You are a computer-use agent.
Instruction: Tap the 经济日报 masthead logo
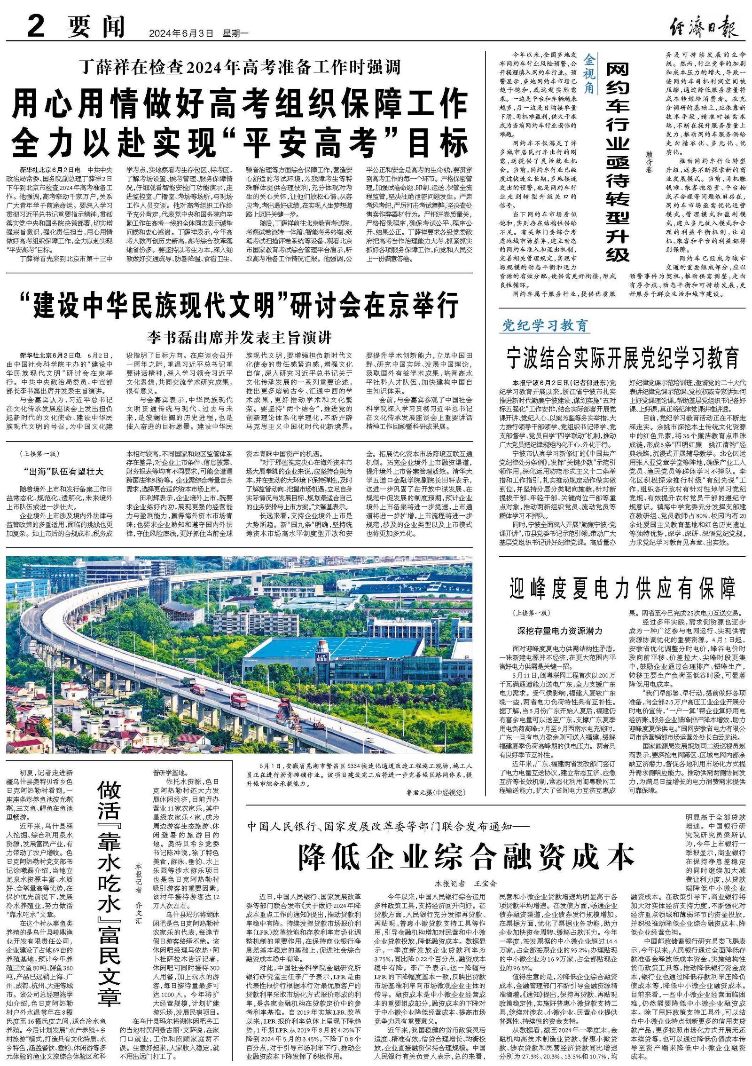pos(704,26)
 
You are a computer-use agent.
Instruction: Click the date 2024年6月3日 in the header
pos(180,33)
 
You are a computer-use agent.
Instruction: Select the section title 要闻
pos(96,26)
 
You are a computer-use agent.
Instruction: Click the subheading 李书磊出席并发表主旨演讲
pos(239,337)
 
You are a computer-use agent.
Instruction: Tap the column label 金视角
pos(589,73)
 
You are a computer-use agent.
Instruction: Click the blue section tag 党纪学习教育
pos(544,325)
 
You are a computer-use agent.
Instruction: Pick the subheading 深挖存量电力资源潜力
pos(559,631)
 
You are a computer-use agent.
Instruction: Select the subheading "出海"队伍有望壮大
pos(63,471)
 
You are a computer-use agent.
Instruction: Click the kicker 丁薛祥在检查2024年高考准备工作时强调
pos(239,67)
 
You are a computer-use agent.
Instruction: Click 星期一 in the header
pos(235,33)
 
